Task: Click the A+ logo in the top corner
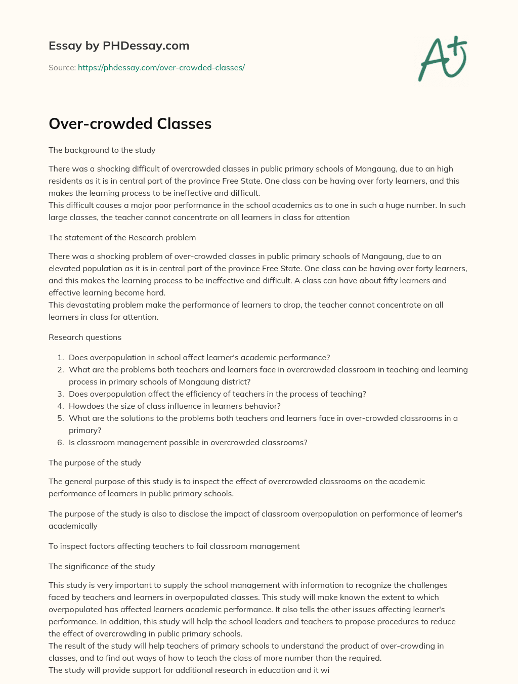(442, 59)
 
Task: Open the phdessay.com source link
(161, 67)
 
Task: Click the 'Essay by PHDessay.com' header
(119, 46)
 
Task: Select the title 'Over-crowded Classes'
(130, 123)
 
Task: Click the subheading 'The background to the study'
(102, 150)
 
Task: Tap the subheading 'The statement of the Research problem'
(122, 237)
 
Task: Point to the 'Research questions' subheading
(85, 337)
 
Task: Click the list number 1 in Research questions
(60, 357)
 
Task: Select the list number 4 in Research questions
(60, 406)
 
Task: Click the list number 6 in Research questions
(60, 442)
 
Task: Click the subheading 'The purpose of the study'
(95, 462)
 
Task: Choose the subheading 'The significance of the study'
(102, 566)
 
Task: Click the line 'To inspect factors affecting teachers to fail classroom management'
(174, 546)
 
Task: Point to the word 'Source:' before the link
(62, 67)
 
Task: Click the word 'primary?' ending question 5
(85, 430)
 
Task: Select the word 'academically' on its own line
(73, 526)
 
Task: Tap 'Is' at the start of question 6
(72, 442)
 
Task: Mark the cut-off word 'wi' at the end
(324, 670)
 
